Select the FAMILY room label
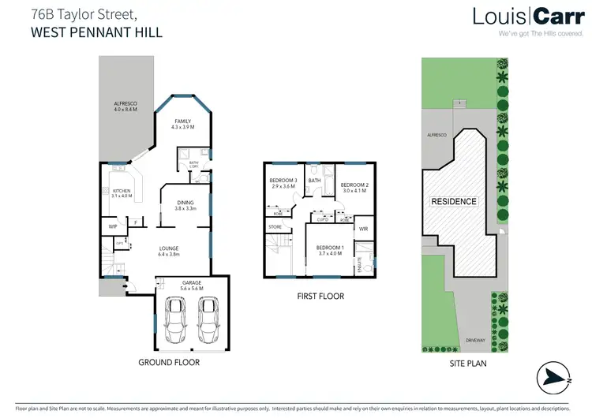pyautogui.click(x=182, y=121)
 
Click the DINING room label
pyautogui.click(x=185, y=203)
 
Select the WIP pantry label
pyautogui.click(x=113, y=226)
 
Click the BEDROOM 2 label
pyautogui.click(x=355, y=185)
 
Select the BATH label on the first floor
pyautogui.click(x=315, y=181)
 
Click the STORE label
pyautogui.click(x=275, y=227)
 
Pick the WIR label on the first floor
pyautogui.click(x=363, y=229)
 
